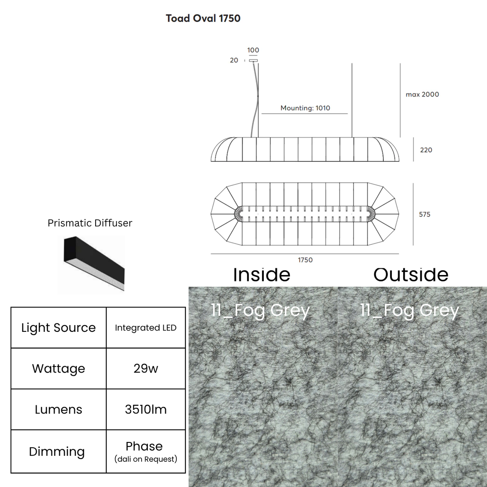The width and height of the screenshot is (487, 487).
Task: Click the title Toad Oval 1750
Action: click(203, 18)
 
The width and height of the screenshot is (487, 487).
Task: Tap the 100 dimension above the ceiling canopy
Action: click(253, 50)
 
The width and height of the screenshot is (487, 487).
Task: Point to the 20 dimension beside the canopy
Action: click(234, 60)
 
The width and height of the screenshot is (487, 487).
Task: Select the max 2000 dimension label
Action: click(423, 94)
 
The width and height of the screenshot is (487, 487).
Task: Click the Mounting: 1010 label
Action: click(305, 108)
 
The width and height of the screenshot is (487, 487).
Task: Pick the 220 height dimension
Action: click(426, 150)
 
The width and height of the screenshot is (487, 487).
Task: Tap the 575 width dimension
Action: click(425, 214)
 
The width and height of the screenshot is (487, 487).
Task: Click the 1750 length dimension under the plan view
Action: click(305, 260)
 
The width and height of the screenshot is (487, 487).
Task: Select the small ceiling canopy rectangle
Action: click(253, 60)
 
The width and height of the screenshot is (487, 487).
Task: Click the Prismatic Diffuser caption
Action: click(90, 223)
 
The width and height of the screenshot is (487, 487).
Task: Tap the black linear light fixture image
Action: click(94, 263)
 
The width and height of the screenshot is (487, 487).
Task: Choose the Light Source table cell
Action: click(58, 328)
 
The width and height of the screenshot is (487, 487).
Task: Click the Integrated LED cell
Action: click(146, 328)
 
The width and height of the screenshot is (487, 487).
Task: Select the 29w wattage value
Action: click(146, 368)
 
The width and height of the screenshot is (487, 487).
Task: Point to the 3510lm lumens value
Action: click(146, 409)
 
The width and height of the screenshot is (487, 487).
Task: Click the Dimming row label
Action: click(57, 451)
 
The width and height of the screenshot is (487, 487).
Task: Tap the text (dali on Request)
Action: click(146, 459)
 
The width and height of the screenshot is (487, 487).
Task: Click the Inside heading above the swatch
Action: click(262, 275)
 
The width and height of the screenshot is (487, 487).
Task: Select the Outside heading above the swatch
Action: click(411, 275)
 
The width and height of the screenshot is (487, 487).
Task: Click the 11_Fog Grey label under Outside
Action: click(409, 310)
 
